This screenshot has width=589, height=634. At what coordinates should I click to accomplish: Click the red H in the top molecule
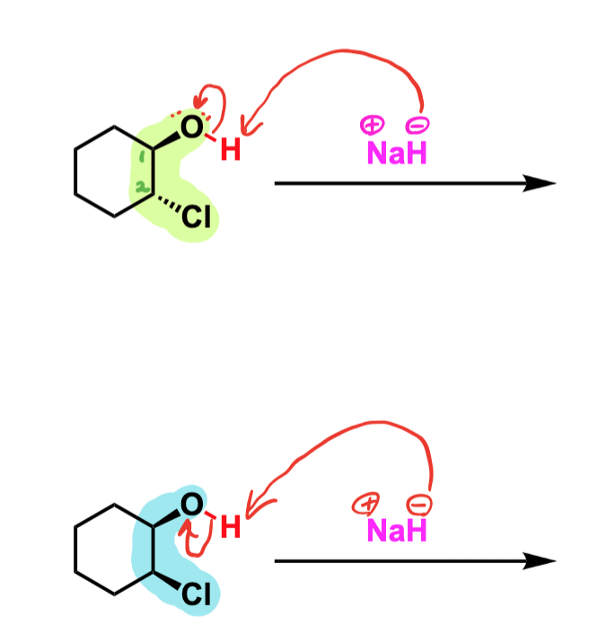pos(231,149)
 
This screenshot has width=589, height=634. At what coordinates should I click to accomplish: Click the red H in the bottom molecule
pos(231,527)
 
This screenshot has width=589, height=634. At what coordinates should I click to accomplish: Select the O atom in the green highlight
pos(191,127)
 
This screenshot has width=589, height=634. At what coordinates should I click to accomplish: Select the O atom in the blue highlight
pos(191,505)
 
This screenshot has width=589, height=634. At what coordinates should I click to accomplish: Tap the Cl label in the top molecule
pos(197,216)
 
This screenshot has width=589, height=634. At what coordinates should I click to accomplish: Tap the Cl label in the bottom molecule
pos(197,594)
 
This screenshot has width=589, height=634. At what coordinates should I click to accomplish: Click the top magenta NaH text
pos(397,153)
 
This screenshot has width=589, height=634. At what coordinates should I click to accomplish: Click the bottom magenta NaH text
pos(397,530)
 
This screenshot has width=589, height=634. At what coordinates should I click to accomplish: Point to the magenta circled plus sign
pos(372,125)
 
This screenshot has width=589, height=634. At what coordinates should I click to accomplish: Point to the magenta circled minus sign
pos(418,125)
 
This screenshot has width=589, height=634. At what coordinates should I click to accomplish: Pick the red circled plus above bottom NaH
pos(365,504)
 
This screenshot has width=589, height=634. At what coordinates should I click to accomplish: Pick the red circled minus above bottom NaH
pos(419,505)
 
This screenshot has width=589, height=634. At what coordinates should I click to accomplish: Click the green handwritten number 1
pos(142,156)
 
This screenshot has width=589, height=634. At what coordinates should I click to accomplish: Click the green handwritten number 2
pos(141,187)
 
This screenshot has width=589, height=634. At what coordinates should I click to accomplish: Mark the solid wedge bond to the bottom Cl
pos(167,580)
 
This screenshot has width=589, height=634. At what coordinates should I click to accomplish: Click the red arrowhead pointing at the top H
pos(248,126)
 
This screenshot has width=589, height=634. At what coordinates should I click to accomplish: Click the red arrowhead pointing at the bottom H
pos(255,506)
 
